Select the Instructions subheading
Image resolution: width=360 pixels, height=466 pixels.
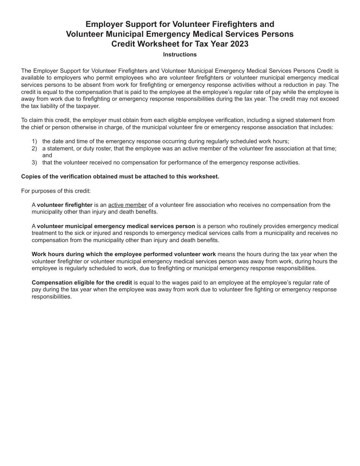coord(180,55)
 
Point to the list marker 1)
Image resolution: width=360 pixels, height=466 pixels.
coord(34,141)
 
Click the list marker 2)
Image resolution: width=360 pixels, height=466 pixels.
coord(34,149)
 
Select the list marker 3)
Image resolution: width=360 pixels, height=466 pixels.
coord(34,163)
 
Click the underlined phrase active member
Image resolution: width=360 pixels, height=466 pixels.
coord(127,205)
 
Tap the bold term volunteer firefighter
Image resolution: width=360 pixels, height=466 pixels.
coord(65,205)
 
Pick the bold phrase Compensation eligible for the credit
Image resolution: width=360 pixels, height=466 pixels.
coord(82,283)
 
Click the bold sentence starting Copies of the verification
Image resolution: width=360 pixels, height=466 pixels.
coord(120,177)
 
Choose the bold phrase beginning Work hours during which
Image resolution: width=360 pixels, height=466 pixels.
coord(124,254)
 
